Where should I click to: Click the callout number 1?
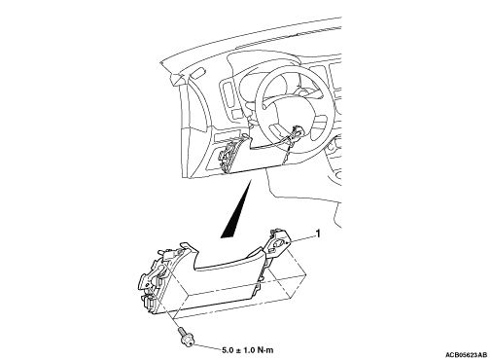318,234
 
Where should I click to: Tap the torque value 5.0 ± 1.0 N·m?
248,350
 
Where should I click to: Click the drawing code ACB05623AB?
466,354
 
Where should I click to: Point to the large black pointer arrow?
236,210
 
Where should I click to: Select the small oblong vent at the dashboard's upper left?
196,72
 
